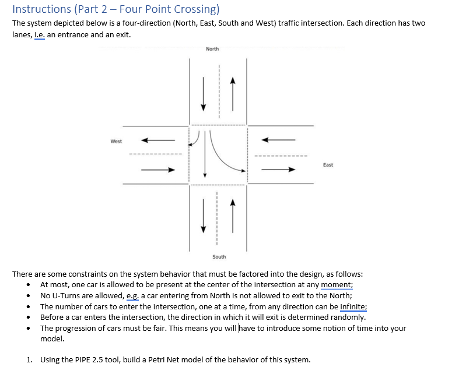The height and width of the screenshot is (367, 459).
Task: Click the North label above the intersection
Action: click(x=212, y=49)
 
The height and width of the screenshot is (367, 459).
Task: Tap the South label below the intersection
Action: click(x=219, y=257)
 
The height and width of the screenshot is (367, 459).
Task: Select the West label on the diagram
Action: click(x=116, y=141)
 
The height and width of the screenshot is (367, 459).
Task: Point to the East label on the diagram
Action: click(x=328, y=165)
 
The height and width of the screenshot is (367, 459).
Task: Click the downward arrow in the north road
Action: click(x=204, y=93)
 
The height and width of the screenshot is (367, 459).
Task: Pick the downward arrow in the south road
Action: click(x=204, y=216)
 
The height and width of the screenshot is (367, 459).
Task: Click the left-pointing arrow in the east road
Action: click(x=278, y=140)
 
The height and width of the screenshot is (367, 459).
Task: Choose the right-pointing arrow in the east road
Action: click(x=278, y=170)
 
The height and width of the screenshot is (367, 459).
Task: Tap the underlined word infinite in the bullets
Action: click(x=352, y=306)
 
